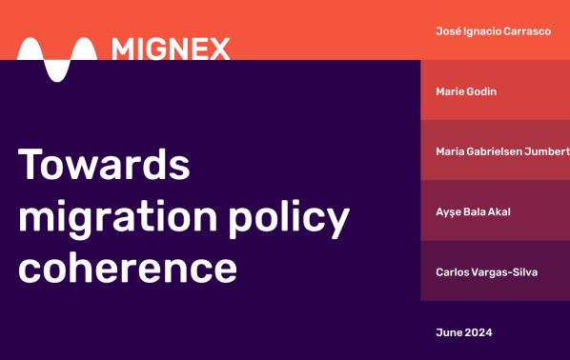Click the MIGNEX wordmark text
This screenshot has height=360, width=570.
[x=171, y=49]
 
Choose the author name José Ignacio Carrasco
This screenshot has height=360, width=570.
[x=492, y=31]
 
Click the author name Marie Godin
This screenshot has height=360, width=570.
[x=466, y=91]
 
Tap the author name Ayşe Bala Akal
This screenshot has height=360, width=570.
[x=473, y=211]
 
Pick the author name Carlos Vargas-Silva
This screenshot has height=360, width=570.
[x=487, y=272]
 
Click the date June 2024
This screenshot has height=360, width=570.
[x=464, y=332]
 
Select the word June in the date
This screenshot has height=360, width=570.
[x=448, y=332]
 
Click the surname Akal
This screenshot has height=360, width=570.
[x=497, y=211]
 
